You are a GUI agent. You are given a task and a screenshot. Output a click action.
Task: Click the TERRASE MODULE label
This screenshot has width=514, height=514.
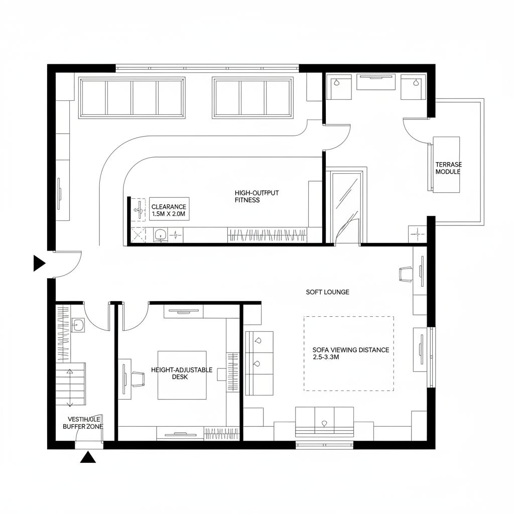click(x=448, y=168)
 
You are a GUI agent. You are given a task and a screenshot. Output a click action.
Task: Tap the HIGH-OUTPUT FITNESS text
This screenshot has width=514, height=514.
click(x=256, y=196)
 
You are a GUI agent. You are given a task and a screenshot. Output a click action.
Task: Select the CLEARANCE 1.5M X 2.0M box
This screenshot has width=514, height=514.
click(x=169, y=210)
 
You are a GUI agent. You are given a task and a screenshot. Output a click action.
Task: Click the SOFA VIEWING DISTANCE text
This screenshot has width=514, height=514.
click(x=350, y=353)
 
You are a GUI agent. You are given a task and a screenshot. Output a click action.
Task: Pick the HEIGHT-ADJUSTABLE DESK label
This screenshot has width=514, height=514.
click(x=181, y=373)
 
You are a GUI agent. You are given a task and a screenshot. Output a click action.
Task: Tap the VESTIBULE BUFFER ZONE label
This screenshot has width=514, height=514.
click(x=83, y=422)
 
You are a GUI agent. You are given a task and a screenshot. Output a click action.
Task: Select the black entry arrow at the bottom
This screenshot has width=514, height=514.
click(x=88, y=457)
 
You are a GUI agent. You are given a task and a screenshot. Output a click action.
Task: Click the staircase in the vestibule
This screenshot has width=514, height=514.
click(x=70, y=386)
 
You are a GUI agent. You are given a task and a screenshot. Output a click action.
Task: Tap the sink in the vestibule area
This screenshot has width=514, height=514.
click(x=79, y=325)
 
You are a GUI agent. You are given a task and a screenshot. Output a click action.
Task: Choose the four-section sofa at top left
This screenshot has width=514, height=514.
click(x=133, y=98)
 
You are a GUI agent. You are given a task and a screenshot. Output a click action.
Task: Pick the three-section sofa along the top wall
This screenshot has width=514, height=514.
click(x=253, y=98)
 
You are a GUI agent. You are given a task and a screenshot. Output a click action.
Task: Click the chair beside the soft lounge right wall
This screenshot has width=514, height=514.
click(x=406, y=274)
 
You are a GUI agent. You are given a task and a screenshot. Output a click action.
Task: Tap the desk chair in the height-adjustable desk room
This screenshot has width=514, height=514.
click(x=137, y=379)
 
